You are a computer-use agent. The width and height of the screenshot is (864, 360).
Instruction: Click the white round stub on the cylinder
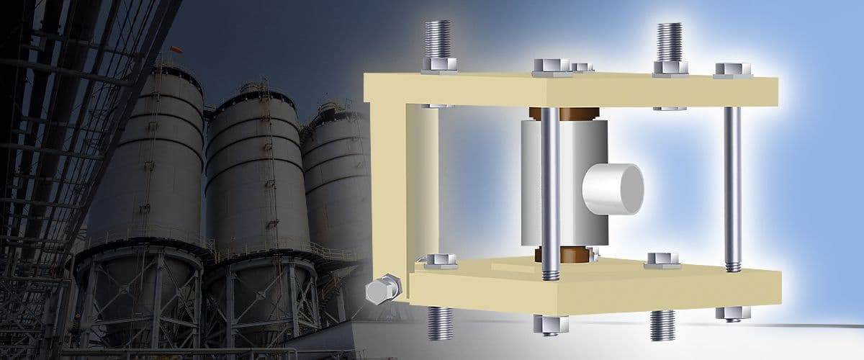click(614, 189)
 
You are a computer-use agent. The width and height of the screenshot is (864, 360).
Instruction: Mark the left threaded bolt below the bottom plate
click(438, 322)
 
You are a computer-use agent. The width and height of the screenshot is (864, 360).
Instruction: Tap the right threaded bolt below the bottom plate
click(662, 324)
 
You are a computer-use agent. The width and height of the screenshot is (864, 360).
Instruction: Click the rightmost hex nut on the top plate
click(733, 70)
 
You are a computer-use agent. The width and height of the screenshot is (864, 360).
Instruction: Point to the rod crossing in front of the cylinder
click(549, 187)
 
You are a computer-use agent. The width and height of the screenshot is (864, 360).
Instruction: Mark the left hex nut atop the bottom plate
click(441, 261)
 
